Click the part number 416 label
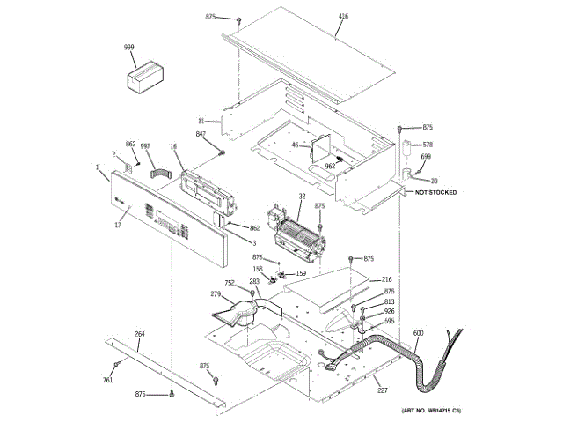[343, 17]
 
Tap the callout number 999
[129, 47]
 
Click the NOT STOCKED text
[435, 191]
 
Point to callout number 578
[428, 144]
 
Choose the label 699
[426, 157]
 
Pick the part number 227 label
[383, 390]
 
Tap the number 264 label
[139, 333]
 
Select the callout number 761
[107, 380]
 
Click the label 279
[215, 294]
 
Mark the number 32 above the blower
[302, 198]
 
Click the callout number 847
[201, 134]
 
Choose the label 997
[146, 145]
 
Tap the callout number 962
[331, 166]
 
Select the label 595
[389, 321]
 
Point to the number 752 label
[230, 283]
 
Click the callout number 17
[117, 226]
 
